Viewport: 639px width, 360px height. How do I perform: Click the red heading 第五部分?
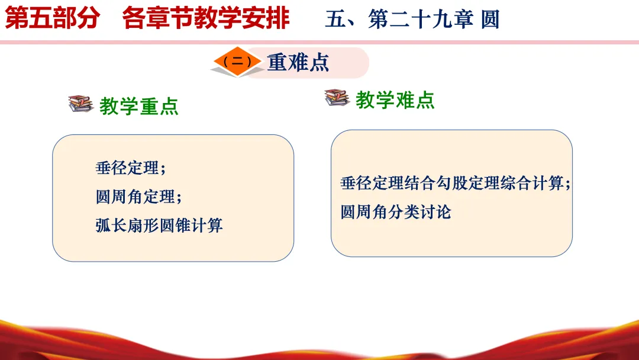coord(52,18)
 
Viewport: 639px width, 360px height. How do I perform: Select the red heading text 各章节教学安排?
coord(206,18)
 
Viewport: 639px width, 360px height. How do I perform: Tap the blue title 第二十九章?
coord(421,19)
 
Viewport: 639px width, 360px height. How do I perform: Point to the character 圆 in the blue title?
coord(490,19)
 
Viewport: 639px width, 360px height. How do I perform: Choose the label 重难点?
coord(298,63)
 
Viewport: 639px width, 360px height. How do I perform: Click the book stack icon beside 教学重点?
coord(80,104)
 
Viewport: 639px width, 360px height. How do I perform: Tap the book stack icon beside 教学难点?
coord(337,98)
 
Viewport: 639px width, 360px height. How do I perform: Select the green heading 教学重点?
coord(139,106)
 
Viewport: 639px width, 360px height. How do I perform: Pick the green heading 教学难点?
coord(395,100)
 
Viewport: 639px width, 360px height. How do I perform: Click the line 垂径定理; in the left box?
coord(131,168)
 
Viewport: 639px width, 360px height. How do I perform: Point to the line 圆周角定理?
coord(138,197)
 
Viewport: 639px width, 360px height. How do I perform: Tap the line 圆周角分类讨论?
coord(396,212)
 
